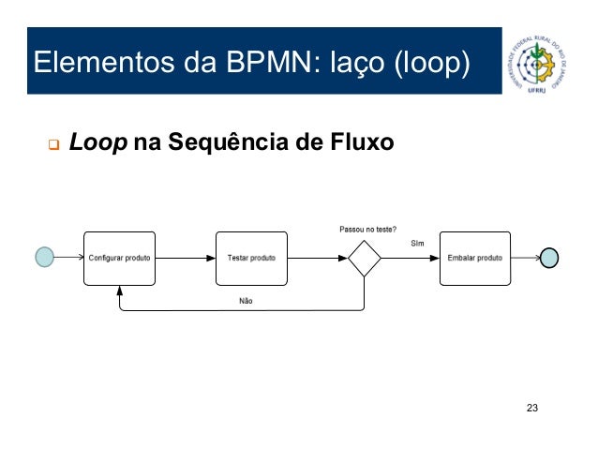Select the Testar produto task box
pyautogui.click(x=251, y=258)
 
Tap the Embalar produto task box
pyautogui.click(x=475, y=258)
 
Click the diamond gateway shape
pyautogui.click(x=364, y=259)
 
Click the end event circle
pyautogui.click(x=549, y=259)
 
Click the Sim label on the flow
pyautogui.click(x=418, y=244)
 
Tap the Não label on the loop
pyautogui.click(x=246, y=301)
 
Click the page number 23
pyautogui.click(x=533, y=408)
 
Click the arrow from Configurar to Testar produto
pyautogui.click(x=186, y=258)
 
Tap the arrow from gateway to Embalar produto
pyautogui.click(x=411, y=258)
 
